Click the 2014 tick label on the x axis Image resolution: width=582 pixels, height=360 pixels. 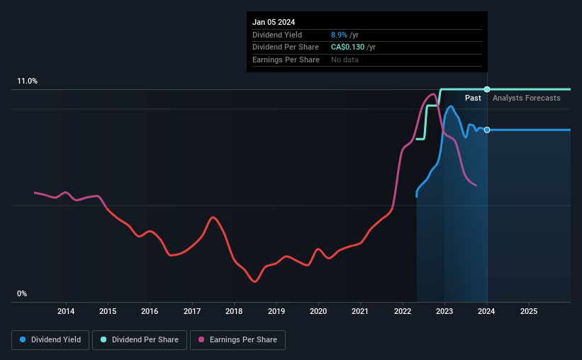[x=66, y=311]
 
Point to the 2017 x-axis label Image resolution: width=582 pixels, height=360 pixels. [x=192, y=311]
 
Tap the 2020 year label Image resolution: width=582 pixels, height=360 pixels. [x=318, y=311]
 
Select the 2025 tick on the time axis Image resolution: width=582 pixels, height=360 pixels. [x=529, y=311]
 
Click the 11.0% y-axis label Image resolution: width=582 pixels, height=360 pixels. [x=28, y=81]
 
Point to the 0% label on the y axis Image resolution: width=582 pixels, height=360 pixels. [x=22, y=293]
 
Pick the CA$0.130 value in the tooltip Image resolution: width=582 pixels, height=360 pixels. [x=347, y=47]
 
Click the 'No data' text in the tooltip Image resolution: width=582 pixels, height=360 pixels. [x=345, y=60]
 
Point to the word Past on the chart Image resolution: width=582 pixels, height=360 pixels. [x=473, y=98]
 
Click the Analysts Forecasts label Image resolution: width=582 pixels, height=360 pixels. [x=526, y=98]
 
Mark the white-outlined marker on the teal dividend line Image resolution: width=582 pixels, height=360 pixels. [x=487, y=89]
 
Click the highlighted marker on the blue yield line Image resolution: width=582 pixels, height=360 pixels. [x=487, y=130]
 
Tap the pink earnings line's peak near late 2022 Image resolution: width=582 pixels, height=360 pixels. [x=432, y=94]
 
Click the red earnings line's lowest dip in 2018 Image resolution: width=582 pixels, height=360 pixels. [x=254, y=281]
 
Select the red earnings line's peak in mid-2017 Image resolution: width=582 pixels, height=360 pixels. [x=213, y=217]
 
